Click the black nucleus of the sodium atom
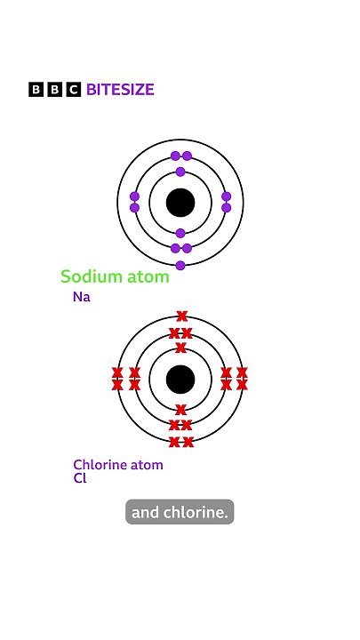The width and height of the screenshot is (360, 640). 180,203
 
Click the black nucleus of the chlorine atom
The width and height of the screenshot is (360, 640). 180,380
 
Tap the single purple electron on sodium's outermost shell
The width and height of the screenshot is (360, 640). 180,265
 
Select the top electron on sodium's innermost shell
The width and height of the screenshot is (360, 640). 180,172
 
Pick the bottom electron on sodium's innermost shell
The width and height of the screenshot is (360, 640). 180,233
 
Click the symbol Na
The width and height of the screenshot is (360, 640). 82,297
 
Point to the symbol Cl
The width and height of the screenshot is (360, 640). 80,478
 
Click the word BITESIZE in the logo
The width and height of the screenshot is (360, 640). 120,90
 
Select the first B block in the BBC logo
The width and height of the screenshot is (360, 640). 36,90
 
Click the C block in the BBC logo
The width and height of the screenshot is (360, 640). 74,90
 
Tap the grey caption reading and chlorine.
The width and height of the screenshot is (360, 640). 180,512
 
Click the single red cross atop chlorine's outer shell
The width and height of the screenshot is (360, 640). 181,316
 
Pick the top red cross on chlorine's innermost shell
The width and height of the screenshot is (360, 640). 180,348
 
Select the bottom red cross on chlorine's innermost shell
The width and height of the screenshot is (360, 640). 180,410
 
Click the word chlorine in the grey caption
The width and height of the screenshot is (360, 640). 196,512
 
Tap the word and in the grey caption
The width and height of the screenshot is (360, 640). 146,512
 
